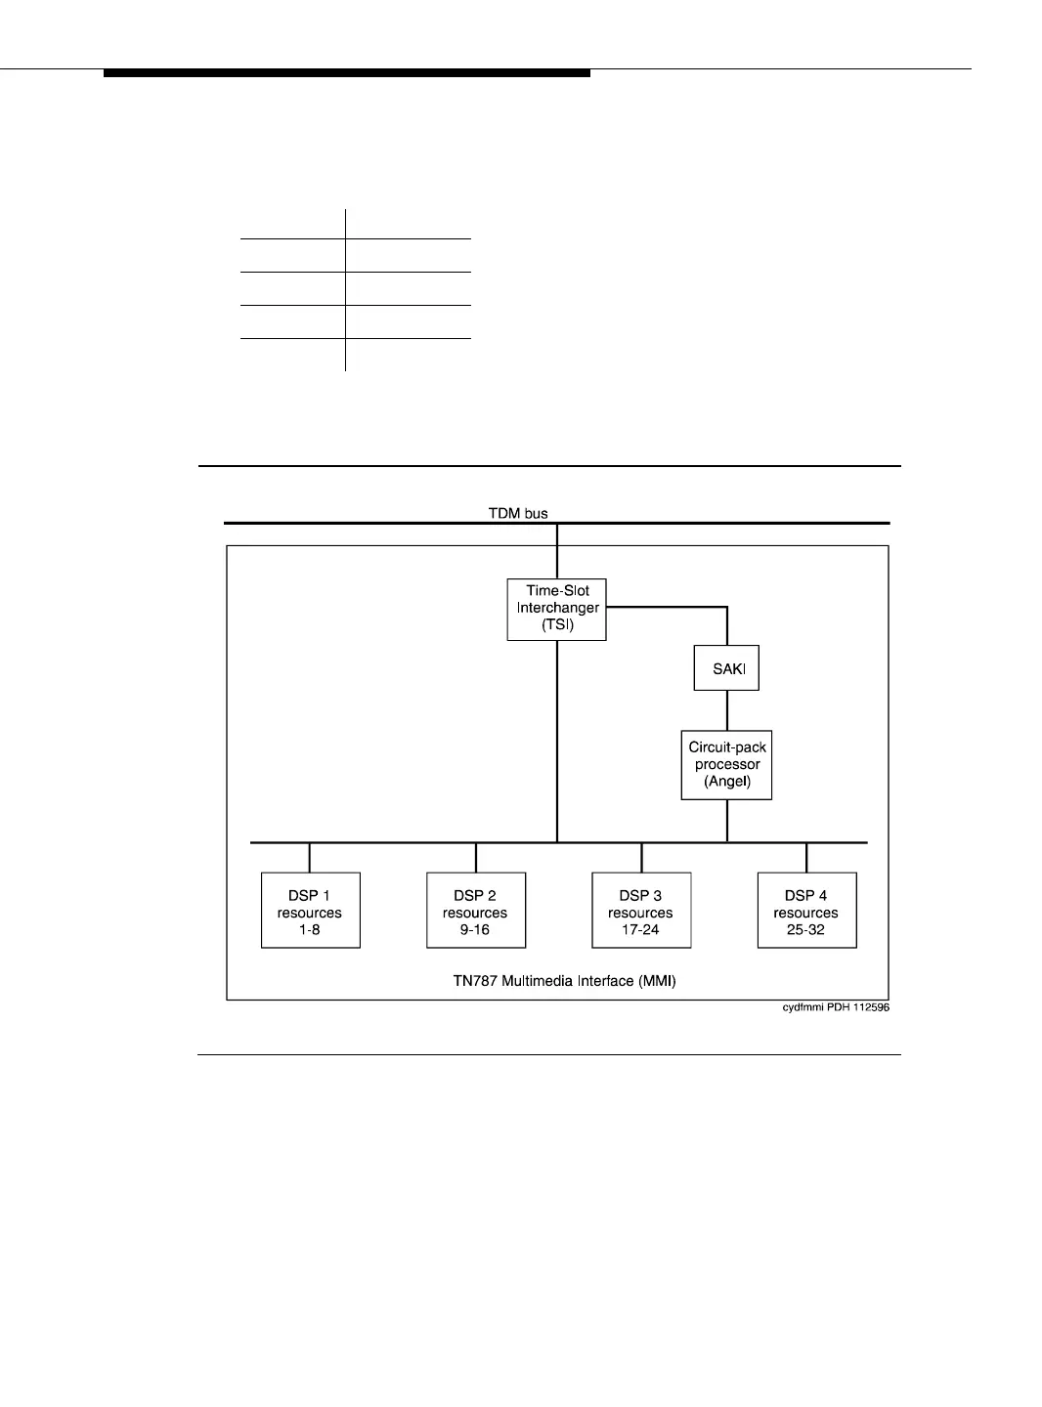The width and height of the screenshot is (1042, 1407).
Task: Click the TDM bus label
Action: click(519, 512)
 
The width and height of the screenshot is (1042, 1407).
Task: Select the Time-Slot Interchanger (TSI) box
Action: click(557, 610)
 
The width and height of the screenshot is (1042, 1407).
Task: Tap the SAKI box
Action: click(726, 668)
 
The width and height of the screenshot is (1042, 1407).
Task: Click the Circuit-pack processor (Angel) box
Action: click(726, 765)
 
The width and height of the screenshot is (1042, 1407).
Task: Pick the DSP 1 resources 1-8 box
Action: click(311, 911)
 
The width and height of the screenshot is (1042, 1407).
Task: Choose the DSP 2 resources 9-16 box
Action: click(476, 911)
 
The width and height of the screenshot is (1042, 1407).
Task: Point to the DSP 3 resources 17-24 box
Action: click(641, 911)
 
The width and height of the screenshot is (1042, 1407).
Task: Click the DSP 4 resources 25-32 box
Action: click(806, 911)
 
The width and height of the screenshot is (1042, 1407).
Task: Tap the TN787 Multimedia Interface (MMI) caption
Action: click(557, 980)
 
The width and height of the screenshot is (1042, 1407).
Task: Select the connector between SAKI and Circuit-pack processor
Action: click(726, 710)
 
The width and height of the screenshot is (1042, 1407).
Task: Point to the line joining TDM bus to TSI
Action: click(557, 552)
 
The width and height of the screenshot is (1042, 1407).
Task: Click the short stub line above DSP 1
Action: click(310, 858)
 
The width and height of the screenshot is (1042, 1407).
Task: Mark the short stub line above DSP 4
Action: click(806, 858)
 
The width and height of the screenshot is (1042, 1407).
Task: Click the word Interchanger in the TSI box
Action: click(558, 609)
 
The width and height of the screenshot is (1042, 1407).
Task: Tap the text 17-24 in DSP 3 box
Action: click(641, 929)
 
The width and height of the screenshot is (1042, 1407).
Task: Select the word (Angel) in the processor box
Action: click(726, 782)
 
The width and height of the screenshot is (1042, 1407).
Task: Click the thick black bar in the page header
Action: click(347, 73)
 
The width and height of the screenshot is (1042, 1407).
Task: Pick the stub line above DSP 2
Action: click(476, 858)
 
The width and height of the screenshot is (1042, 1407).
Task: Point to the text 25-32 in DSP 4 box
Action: click(806, 929)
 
